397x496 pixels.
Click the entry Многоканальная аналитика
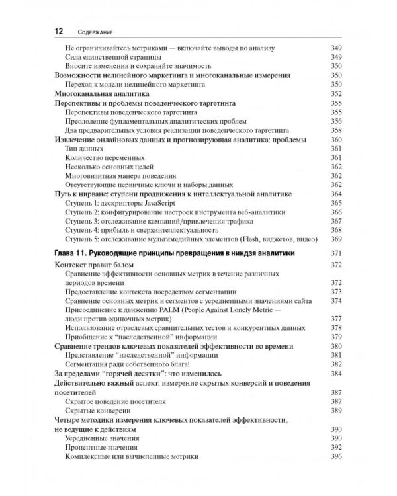(97, 94)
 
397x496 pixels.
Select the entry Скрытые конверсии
(99, 411)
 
